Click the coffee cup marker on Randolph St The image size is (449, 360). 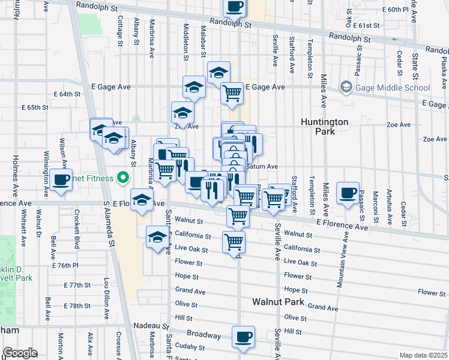(235, 7)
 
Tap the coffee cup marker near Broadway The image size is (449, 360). (243, 337)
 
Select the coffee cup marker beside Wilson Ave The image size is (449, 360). (61, 179)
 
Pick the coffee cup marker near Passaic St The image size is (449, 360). (348, 193)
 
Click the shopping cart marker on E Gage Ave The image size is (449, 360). (232, 94)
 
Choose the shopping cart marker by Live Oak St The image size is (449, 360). (233, 242)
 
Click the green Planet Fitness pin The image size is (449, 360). (123, 178)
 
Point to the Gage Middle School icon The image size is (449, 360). (346, 88)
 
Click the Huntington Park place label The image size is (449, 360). (325, 126)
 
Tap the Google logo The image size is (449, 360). (19, 353)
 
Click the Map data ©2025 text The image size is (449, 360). (423, 355)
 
